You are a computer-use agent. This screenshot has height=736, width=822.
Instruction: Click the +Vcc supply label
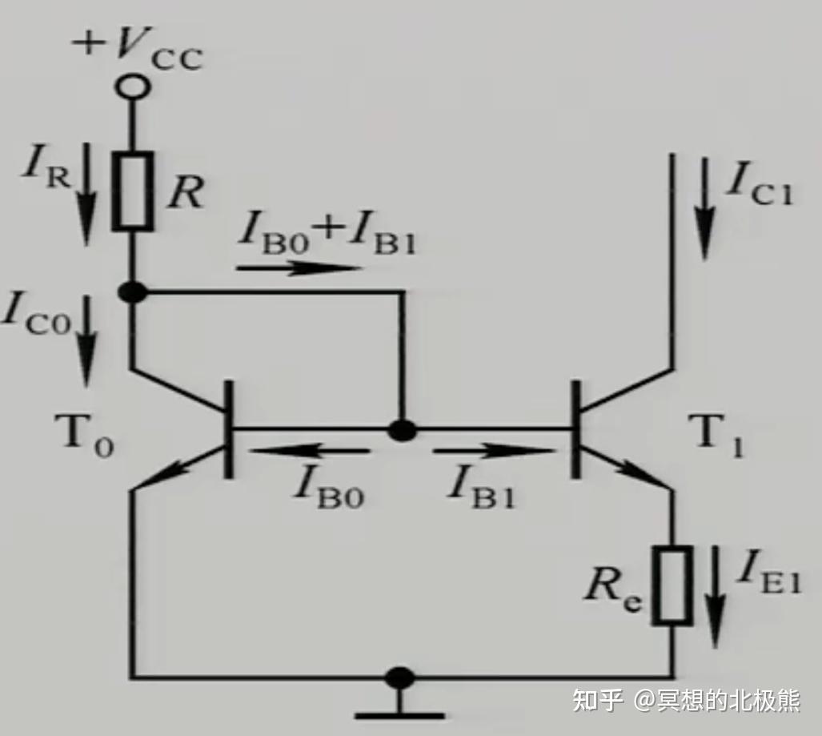tap(138, 48)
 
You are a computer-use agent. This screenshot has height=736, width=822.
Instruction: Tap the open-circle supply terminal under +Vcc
tap(133, 86)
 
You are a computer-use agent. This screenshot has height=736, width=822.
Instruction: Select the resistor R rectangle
tap(133, 191)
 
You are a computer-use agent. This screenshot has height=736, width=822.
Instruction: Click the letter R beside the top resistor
tap(186, 192)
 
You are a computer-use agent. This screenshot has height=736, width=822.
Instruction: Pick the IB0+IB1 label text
tap(327, 236)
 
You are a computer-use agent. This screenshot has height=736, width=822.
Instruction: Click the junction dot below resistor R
tap(133, 292)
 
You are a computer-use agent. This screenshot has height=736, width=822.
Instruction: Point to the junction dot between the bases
tap(402, 430)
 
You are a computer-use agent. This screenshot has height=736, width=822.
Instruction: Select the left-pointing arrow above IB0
tap(309, 451)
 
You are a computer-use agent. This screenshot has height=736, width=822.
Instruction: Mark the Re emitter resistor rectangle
tap(672, 585)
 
